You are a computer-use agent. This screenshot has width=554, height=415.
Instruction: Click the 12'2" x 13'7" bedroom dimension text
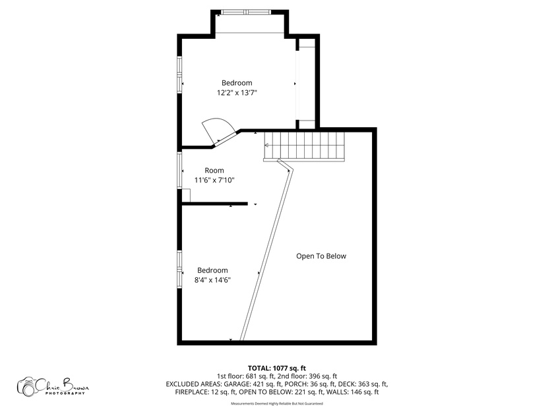237,93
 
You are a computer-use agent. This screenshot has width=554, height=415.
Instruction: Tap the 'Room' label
214,171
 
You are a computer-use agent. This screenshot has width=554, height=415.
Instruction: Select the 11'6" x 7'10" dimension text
214,180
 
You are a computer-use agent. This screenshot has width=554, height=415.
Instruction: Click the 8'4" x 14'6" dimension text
212,280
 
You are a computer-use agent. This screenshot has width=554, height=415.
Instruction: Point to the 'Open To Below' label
321,256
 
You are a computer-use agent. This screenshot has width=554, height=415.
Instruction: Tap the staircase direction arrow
266,145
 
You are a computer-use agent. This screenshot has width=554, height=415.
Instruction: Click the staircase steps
304,146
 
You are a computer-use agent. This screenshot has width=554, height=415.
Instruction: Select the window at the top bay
247,12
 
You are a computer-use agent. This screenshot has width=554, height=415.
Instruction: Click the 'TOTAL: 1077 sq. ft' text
276,368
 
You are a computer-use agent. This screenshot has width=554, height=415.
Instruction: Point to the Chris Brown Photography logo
53,386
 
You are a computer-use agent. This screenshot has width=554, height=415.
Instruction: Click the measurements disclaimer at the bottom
276,403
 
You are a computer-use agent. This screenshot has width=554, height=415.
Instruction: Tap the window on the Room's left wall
179,170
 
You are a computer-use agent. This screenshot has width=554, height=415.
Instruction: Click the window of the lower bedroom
179,269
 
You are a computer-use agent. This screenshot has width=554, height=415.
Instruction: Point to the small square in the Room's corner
186,196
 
